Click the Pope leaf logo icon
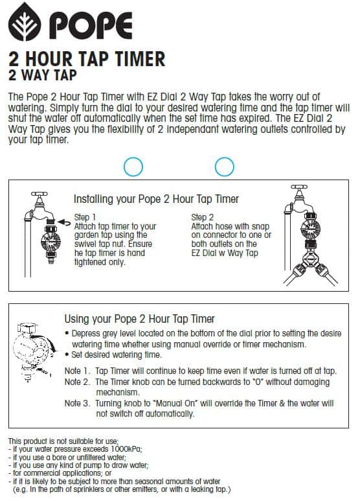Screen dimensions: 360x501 tap(25, 22)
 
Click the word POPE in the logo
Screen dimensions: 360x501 tap(91, 26)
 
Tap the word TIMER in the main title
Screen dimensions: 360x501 tap(140, 59)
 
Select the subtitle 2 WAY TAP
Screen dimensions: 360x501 tap(43, 75)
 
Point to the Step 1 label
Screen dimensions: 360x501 tap(85, 217)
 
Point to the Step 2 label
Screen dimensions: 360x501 tap(203, 217)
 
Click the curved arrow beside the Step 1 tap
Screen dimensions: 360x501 tap(65, 223)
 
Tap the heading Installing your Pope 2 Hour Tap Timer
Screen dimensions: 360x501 tap(156, 199)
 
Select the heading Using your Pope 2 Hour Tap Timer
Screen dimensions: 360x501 tap(139, 319)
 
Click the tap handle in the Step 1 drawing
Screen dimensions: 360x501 tap(39, 194)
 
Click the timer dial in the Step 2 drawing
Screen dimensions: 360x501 tap(310, 228)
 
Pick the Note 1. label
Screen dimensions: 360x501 tap(78, 371)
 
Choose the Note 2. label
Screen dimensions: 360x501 tap(78, 382)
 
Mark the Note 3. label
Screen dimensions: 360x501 tap(78, 403)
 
